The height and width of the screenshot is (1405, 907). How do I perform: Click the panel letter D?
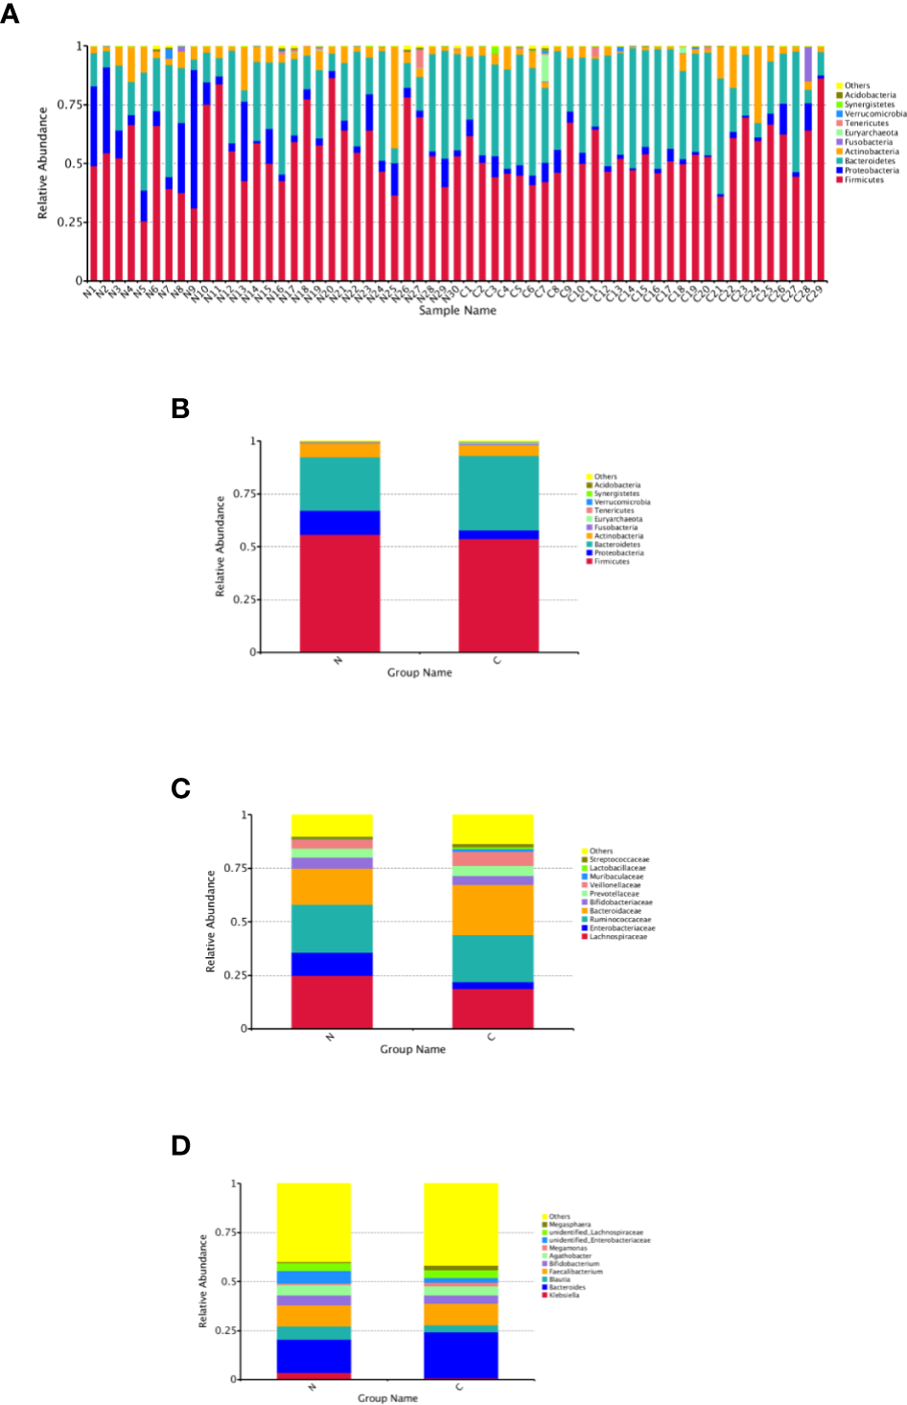coord(180,1146)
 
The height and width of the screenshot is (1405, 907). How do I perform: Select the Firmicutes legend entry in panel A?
coord(864,179)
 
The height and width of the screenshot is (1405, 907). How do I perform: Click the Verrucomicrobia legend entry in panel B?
coord(621,502)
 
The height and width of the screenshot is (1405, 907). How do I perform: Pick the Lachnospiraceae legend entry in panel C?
coord(617,937)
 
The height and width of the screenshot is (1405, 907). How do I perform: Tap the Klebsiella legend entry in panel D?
coord(564,1296)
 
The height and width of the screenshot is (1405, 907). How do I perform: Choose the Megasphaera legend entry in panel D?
coord(570,1225)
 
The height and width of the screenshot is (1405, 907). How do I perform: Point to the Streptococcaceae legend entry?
coord(618,859)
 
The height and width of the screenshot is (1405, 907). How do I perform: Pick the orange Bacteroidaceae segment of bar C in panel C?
coord(493,909)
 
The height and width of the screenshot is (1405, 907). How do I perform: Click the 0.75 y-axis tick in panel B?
coord(248,494)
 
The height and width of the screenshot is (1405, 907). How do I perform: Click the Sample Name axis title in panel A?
coord(457,311)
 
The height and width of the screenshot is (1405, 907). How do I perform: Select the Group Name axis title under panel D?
coord(387,1398)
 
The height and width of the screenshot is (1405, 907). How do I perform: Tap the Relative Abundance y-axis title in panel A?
coord(42,163)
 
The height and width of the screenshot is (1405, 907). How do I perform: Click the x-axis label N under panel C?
coord(330,1038)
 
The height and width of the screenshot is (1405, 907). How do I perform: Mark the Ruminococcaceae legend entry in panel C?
coord(619,920)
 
